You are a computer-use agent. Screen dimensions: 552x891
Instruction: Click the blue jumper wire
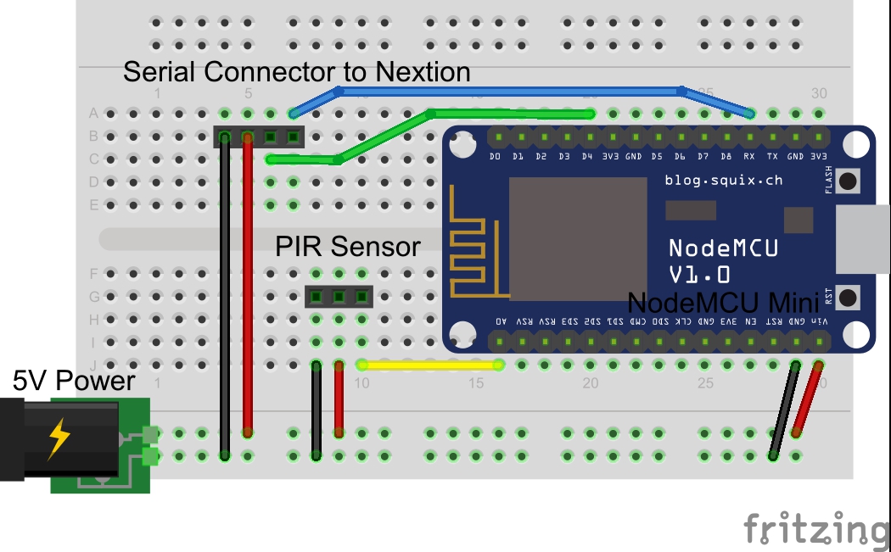[509, 90]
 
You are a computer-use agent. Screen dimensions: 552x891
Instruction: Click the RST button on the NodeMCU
[847, 297]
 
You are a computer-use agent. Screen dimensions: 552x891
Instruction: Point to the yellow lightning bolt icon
[59, 438]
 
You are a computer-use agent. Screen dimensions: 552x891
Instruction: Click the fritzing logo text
[815, 529]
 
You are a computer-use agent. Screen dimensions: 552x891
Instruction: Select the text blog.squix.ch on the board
[724, 180]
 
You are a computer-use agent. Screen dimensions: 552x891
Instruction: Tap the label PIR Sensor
[347, 247]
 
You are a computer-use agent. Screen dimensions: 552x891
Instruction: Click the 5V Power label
[73, 382]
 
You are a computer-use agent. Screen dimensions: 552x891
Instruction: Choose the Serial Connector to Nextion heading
[296, 72]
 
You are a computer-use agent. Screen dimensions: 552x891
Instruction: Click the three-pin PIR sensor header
[339, 296]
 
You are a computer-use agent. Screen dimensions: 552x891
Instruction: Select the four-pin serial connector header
[258, 137]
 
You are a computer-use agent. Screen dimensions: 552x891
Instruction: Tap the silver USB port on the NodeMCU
[862, 240]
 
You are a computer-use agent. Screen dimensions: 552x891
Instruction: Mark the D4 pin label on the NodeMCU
[586, 157]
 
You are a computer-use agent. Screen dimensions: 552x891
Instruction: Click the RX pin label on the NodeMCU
[749, 157]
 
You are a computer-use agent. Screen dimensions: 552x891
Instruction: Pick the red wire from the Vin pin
[808, 399]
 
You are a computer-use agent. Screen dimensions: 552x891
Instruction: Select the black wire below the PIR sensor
[316, 411]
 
